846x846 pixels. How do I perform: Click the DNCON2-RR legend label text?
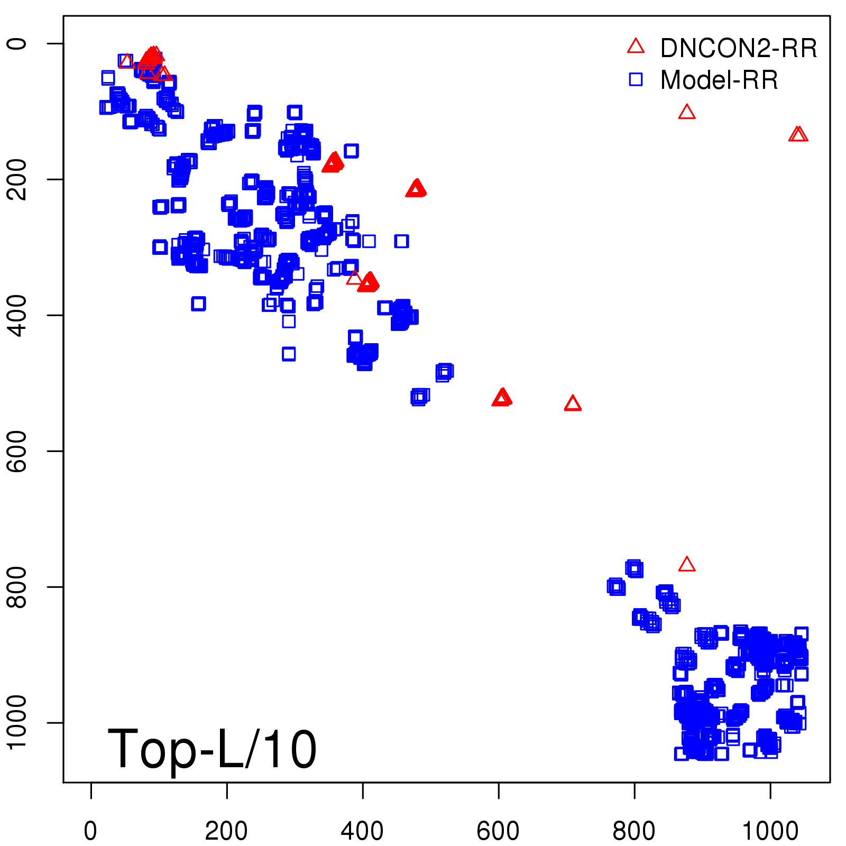tap(738, 49)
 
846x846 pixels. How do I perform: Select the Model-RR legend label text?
tap(719, 80)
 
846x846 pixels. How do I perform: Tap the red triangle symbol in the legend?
tap(636, 47)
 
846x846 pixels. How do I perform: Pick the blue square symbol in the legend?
tap(636, 79)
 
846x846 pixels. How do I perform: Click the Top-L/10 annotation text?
tap(212, 749)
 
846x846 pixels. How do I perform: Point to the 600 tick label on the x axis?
tap(498, 831)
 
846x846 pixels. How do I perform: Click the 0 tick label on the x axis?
tap(91, 831)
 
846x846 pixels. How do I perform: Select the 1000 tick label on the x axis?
tap(770, 831)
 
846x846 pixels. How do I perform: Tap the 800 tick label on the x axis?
tap(634, 831)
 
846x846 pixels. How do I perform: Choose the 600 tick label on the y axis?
tap(18, 451)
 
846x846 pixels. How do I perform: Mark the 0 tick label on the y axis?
tap(18, 43)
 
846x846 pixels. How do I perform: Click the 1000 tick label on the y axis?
tap(18, 722)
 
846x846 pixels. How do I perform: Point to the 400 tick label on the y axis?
tap(18, 315)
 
